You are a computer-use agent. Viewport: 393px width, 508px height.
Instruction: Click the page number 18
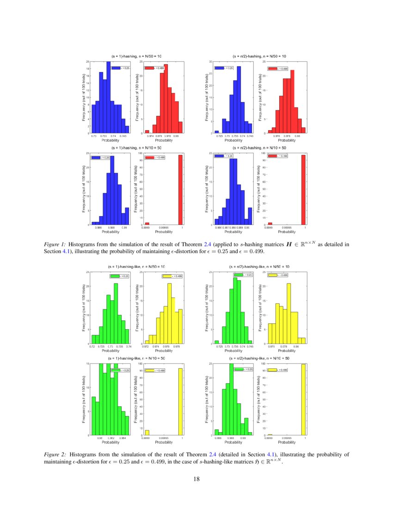[x=196, y=478]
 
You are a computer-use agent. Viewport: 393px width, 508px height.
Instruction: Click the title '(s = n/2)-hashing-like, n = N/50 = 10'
[x=259, y=267]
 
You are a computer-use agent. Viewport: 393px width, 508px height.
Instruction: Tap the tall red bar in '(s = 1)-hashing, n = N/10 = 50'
[x=181, y=190]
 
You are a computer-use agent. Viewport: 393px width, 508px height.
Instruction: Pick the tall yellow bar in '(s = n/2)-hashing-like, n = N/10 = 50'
[x=304, y=400]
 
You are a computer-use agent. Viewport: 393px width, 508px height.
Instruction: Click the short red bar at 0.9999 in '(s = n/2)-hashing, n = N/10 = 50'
[x=270, y=224]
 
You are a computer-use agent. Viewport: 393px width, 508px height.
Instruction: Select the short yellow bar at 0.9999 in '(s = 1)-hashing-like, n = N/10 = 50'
[x=147, y=433]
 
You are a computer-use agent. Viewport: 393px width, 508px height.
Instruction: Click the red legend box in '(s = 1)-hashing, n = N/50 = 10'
[x=149, y=68]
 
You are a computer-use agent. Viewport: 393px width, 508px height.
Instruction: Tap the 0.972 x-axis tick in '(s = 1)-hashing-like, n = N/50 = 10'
[x=146, y=346]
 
